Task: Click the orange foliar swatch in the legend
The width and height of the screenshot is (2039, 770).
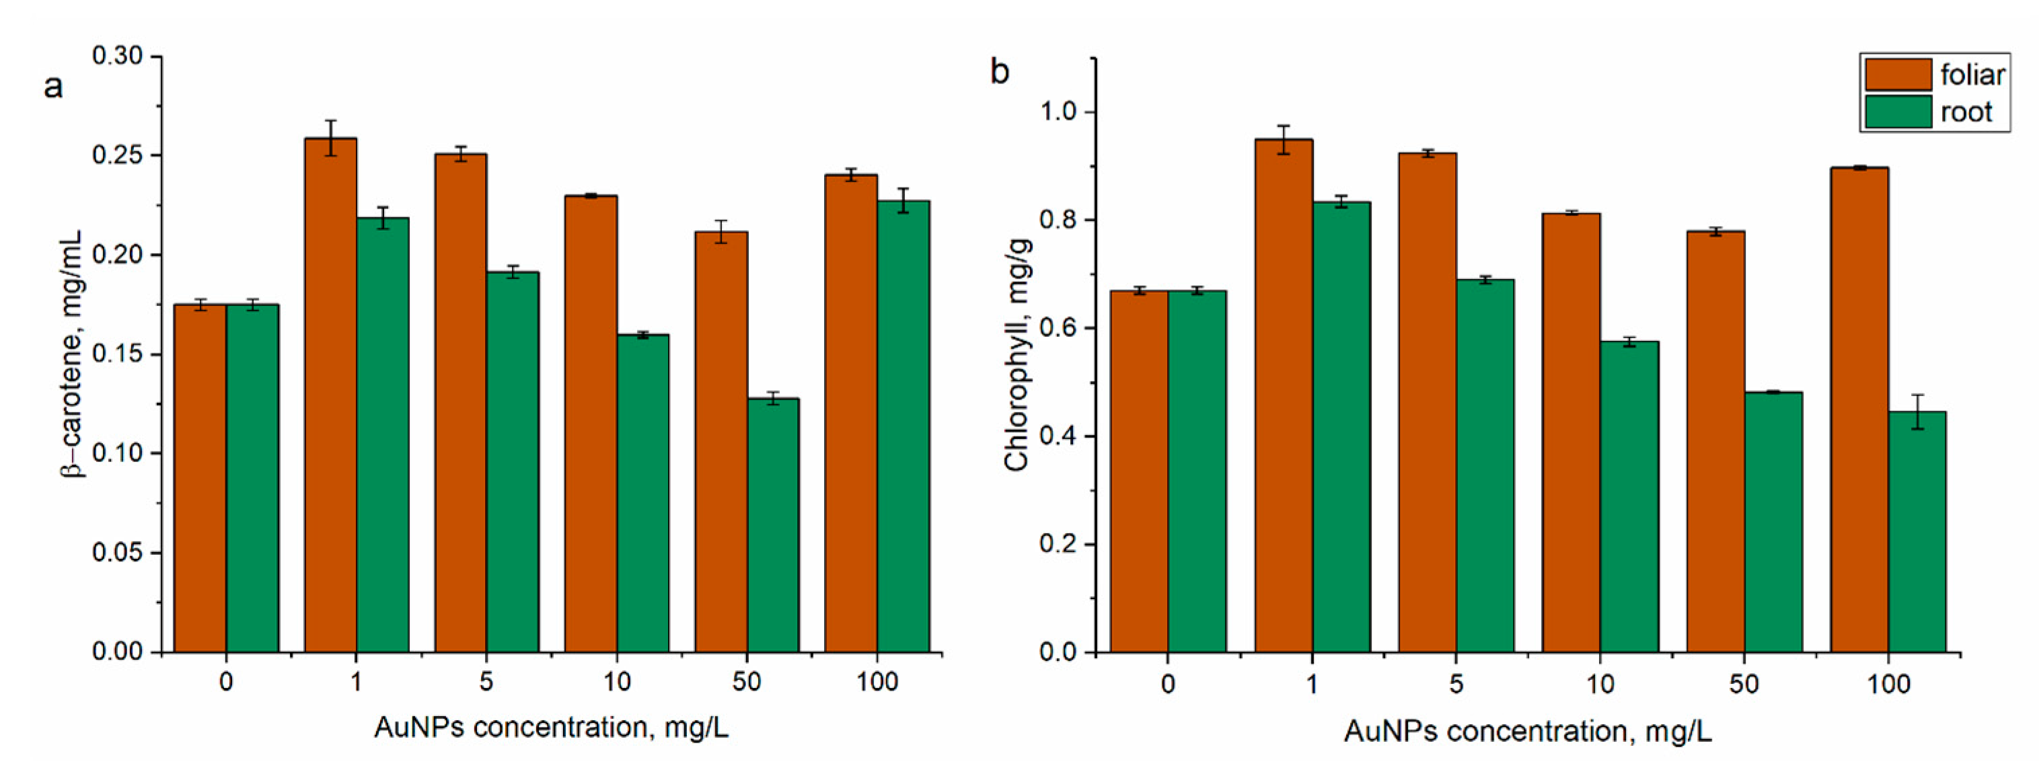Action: click(1897, 75)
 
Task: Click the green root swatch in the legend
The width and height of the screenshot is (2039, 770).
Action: click(1897, 112)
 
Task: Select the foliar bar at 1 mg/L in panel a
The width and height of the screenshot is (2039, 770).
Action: click(330, 395)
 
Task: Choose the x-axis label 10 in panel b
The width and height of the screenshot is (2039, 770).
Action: click(1600, 684)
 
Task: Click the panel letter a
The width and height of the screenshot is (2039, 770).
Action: click(52, 85)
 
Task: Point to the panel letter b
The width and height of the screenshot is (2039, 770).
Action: click(1000, 72)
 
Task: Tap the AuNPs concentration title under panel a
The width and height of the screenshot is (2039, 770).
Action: click(551, 727)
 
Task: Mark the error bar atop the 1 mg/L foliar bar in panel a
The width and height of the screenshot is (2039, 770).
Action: click(330, 138)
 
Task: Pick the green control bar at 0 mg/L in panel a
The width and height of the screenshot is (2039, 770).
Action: click(252, 478)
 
